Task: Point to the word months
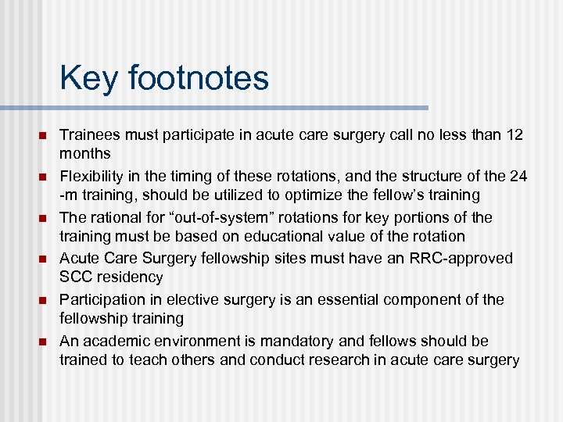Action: click(x=84, y=153)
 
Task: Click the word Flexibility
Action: click(x=91, y=177)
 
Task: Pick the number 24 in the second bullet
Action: click(x=518, y=177)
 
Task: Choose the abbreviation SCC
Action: click(x=75, y=277)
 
